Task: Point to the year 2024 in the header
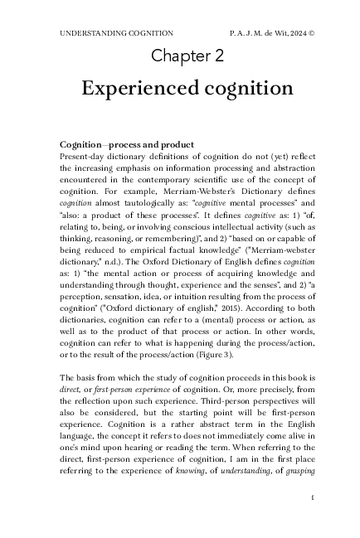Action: click(x=286, y=34)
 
